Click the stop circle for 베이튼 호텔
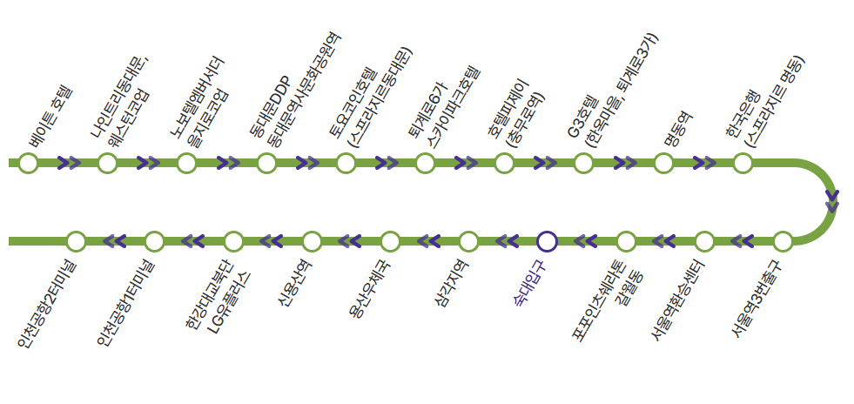pos(28,163)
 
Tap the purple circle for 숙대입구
pos(547,241)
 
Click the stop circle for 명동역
pos(663,163)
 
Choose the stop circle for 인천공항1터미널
pos(154,241)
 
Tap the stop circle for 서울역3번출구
pos(783,241)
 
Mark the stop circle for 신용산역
pos(312,241)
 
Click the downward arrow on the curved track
pos(832,201)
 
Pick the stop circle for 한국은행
pos(743,163)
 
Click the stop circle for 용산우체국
pos(390,241)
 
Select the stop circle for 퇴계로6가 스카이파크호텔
pos(425,163)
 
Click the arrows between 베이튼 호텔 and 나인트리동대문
pos(68,163)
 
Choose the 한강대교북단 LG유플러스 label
pos(218,300)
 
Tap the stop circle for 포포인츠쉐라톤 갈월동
pos(626,241)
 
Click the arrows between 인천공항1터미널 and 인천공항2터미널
pos(115,241)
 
